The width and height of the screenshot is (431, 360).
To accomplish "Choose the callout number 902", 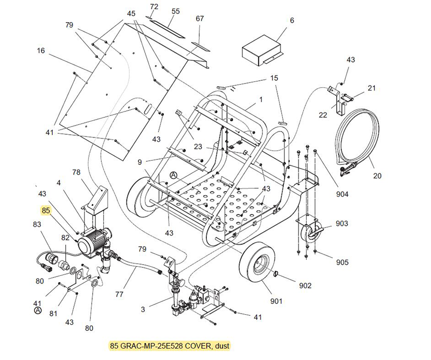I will [x=305, y=286].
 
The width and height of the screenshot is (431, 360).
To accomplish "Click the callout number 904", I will [x=343, y=195].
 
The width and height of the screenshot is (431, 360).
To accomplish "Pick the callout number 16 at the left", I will [x=40, y=51].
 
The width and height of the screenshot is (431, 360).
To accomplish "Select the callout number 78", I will [x=76, y=172].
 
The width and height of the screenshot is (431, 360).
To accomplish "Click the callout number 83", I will [x=37, y=224].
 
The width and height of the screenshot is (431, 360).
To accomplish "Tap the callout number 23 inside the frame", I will [x=198, y=146].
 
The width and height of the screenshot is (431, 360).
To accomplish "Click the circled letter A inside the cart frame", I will [x=173, y=175].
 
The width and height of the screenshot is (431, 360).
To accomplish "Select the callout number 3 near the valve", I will [x=142, y=309].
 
